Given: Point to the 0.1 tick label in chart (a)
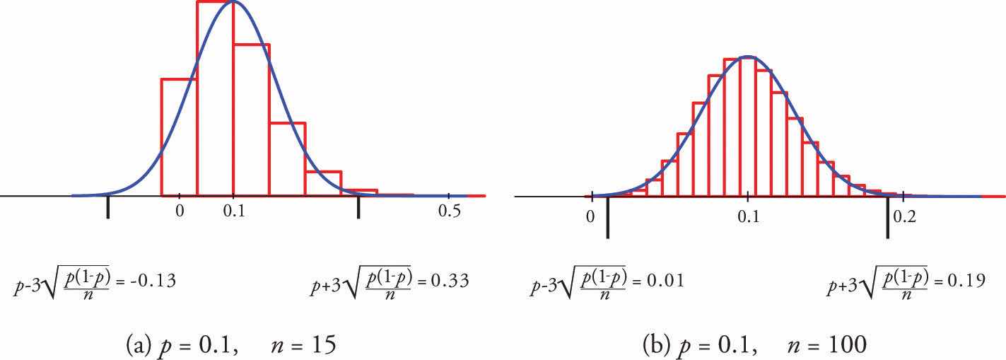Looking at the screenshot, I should [x=233, y=211].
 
